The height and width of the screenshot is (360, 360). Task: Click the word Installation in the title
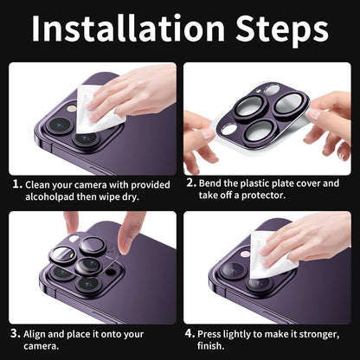pyautogui.click(x=128, y=28)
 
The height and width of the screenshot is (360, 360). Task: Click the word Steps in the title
pyautogui.click(x=282, y=30)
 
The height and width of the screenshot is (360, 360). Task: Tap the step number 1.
pyautogui.click(x=17, y=184)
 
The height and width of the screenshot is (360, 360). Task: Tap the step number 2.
pyautogui.click(x=191, y=183)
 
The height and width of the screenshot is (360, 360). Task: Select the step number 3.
pyautogui.click(x=16, y=334)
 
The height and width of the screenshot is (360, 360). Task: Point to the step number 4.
pyautogui.click(x=190, y=333)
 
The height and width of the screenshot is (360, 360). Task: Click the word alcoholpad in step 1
pyautogui.click(x=49, y=196)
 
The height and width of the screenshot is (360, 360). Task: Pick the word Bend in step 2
pyautogui.click(x=210, y=183)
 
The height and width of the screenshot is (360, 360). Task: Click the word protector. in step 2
pyautogui.click(x=263, y=196)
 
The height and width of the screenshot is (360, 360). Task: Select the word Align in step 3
pyautogui.click(x=35, y=334)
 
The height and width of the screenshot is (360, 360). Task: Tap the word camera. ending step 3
pyautogui.click(x=42, y=346)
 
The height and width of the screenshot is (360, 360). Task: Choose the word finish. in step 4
pyautogui.click(x=211, y=345)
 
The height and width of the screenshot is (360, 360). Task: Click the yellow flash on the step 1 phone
pyautogui.click(x=72, y=108)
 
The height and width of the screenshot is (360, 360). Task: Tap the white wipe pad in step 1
pyautogui.click(x=98, y=111)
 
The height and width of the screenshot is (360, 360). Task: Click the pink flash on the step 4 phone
pyautogui.click(x=246, y=254)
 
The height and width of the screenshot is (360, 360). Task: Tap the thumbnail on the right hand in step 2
pyautogui.click(x=313, y=114)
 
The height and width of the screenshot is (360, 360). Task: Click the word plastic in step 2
pyautogui.click(x=255, y=183)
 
